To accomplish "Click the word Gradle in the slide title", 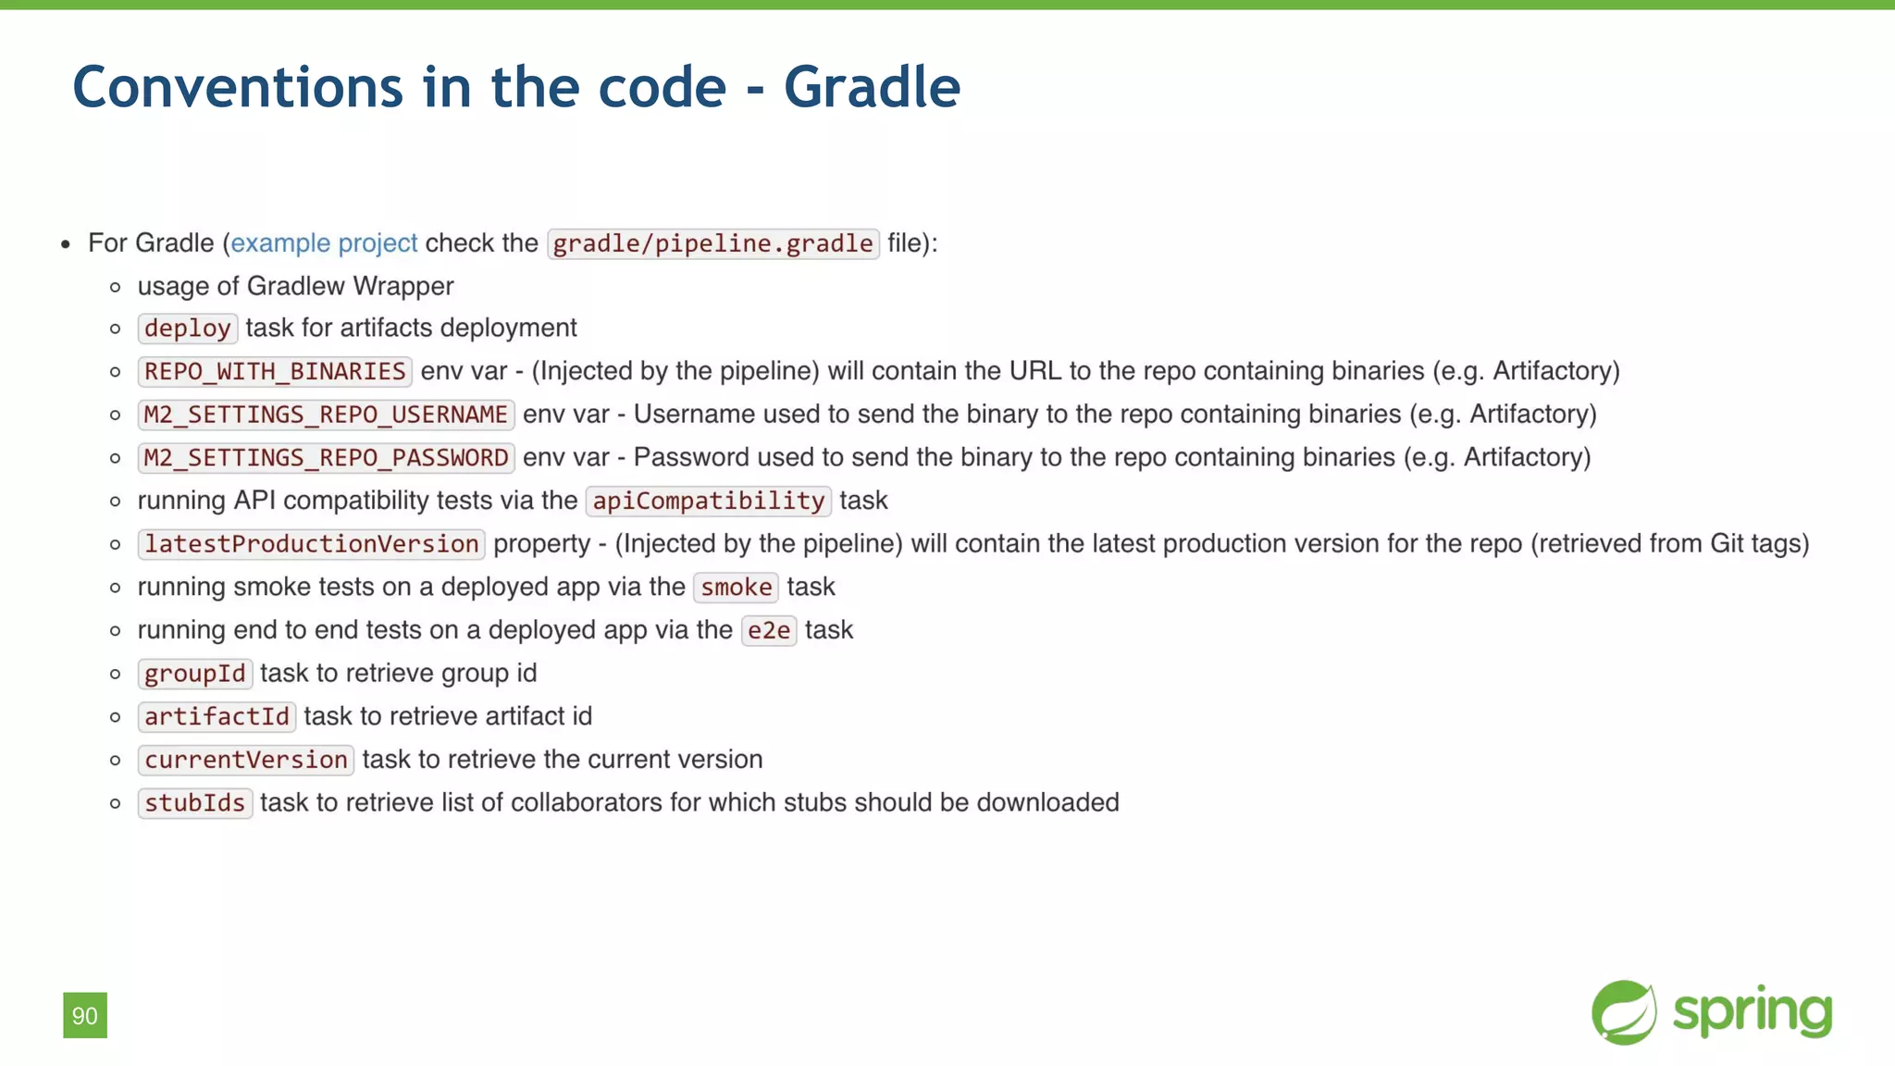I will pos(872,87).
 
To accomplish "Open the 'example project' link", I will pos(324,243).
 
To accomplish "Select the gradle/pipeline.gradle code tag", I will pos(712,243).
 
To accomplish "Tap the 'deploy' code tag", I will pos(188,328).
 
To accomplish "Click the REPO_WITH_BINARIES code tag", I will pos(275,372).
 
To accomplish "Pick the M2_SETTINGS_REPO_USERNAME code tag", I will pos(326,415).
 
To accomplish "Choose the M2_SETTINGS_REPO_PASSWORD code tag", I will pos(326,458).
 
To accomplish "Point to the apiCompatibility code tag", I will pos(708,501).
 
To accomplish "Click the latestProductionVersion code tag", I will pos(311,544).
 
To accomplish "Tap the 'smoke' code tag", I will pos(736,588).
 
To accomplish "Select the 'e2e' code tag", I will pos(768,631).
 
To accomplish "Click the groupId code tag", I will pos(195,674).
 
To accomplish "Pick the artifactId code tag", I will pos(217,717).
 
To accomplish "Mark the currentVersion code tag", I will pos(246,760).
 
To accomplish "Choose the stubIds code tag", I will pos(195,803).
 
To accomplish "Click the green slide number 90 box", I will pos(85,1015).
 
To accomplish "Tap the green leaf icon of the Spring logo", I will pos(1624,1012).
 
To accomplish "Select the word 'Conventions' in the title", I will pos(238,87).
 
